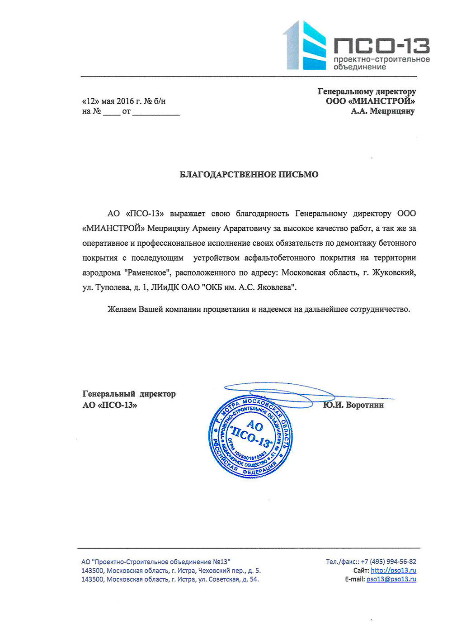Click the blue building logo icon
click(x=305, y=45)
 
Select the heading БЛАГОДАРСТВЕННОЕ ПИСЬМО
click(x=249, y=174)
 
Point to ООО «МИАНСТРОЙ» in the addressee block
click(x=370, y=101)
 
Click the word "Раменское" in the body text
click(x=147, y=273)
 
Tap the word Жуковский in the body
click(x=393, y=273)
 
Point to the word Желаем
click(x=122, y=310)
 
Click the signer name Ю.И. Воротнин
click(x=353, y=405)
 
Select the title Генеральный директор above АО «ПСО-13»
click(x=129, y=394)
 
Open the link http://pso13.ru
click(x=393, y=570)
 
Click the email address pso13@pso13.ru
click(x=391, y=579)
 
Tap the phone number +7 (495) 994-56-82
click(x=388, y=562)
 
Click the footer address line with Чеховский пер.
click(x=171, y=570)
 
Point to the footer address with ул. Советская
click(x=170, y=579)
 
